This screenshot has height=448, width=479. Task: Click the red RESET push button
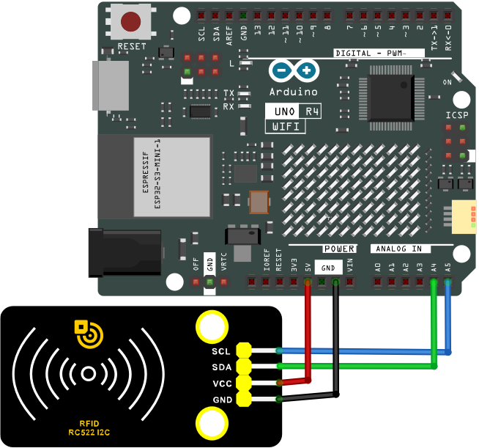click(131, 21)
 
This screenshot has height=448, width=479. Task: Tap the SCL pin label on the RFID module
click(221, 351)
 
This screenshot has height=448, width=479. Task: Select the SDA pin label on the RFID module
click(221, 367)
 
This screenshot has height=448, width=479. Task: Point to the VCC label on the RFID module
click(222, 383)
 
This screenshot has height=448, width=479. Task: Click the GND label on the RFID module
click(223, 400)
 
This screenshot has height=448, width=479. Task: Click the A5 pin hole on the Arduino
click(448, 282)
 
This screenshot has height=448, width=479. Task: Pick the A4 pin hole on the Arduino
click(434, 282)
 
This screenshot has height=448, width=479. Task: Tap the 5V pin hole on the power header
click(308, 282)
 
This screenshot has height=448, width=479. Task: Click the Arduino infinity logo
click(294, 70)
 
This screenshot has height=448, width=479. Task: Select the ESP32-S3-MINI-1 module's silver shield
click(172, 177)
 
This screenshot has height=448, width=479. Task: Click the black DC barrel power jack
click(125, 253)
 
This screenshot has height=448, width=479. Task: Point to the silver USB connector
click(111, 86)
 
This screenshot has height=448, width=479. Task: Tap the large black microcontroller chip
click(391, 98)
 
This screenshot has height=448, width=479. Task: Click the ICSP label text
click(457, 115)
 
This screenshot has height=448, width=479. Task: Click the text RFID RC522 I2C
click(89, 427)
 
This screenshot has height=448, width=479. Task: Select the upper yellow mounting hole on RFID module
click(212, 327)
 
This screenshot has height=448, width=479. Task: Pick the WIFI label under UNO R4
click(286, 126)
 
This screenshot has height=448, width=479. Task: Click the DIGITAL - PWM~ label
click(371, 54)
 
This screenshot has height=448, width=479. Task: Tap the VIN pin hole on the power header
click(350, 282)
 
